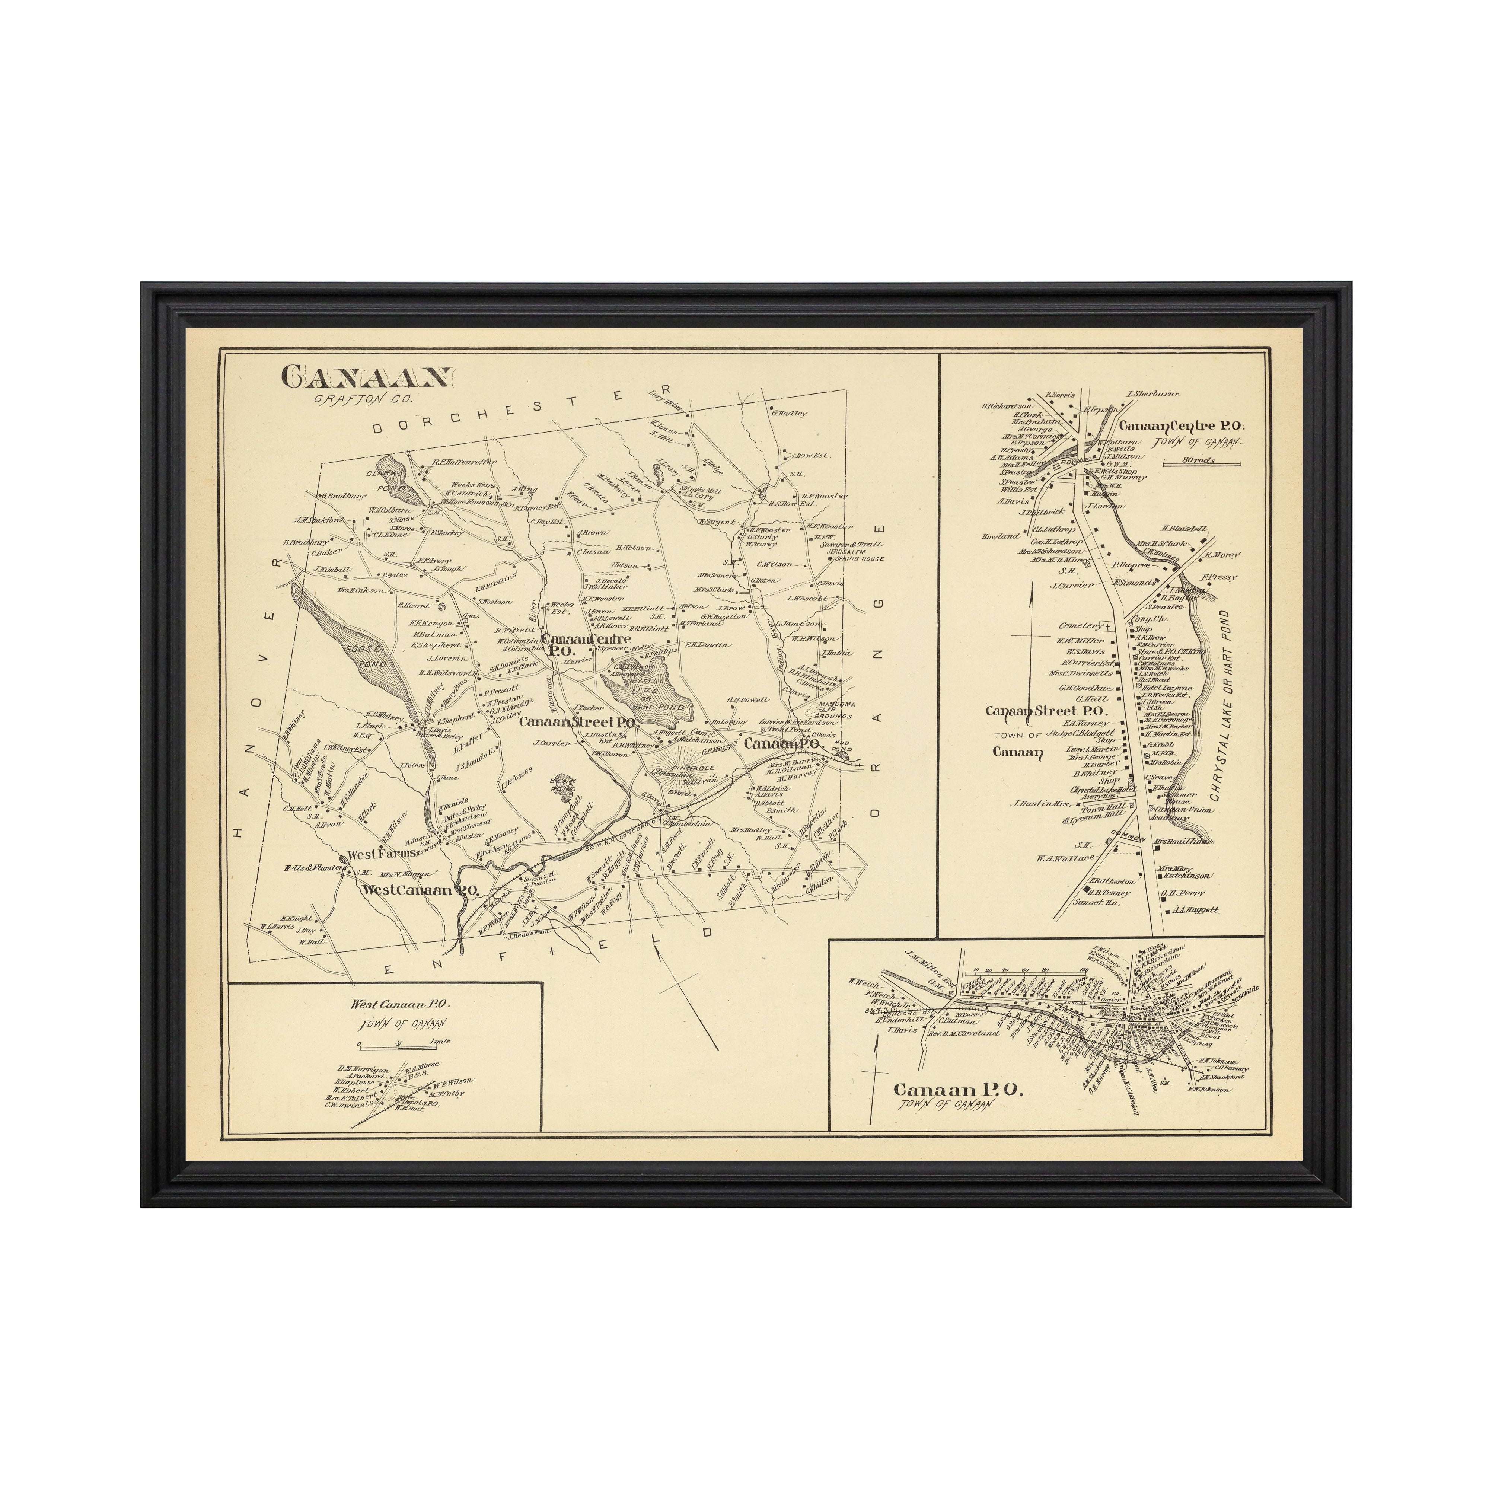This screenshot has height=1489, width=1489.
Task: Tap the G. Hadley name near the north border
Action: click(x=788, y=413)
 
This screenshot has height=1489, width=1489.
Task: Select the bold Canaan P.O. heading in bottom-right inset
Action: click(x=957, y=1089)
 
